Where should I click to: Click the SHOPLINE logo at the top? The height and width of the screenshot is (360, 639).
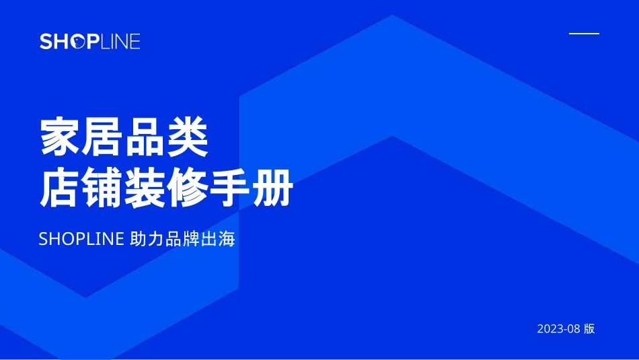pyautogui.click(x=89, y=41)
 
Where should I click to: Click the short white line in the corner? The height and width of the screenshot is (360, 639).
pyautogui.click(x=584, y=33)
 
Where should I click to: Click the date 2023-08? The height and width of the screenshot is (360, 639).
pyautogui.click(x=558, y=329)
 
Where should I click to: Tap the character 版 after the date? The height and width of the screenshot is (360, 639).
pyautogui.click(x=589, y=329)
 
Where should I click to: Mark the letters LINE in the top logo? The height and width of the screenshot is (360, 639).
pyautogui.click(x=120, y=41)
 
